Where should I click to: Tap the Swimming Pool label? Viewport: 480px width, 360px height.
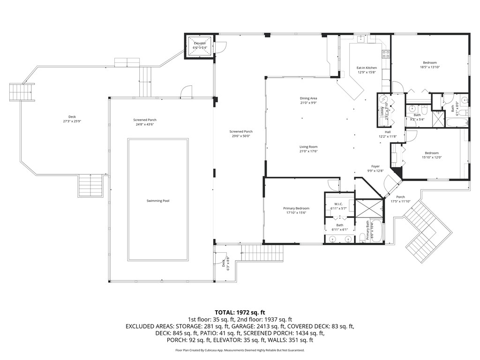pyautogui.click(x=157, y=201)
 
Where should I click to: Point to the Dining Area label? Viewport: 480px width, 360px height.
pyautogui.click(x=308, y=98)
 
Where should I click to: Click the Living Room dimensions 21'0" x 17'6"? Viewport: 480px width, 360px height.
pyautogui.click(x=308, y=151)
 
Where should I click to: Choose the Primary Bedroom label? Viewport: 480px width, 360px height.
pyautogui.click(x=296, y=208)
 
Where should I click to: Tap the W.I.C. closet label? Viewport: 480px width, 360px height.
pyautogui.click(x=336, y=204)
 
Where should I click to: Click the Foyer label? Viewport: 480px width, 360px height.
pyautogui.click(x=375, y=166)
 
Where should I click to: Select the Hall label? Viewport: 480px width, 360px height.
pyautogui.click(x=388, y=132)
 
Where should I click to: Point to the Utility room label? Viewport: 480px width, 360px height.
pyautogui.click(x=382, y=111)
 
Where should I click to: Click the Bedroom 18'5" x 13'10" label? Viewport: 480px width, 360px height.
pyautogui.click(x=430, y=63)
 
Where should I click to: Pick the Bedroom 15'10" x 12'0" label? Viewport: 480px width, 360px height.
pyautogui.click(x=432, y=153)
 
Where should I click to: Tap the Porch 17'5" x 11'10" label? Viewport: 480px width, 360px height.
pyautogui.click(x=400, y=197)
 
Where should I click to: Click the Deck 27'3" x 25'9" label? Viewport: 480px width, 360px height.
pyautogui.click(x=72, y=117)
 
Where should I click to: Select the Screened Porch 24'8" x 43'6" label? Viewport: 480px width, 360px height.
pyautogui.click(x=145, y=120)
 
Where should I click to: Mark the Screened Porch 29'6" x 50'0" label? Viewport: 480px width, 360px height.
pyautogui.click(x=241, y=132)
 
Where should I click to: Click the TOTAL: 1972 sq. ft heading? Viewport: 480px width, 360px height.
pyautogui.click(x=240, y=312)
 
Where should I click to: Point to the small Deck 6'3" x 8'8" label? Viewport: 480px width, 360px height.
pyautogui.click(x=225, y=264)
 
